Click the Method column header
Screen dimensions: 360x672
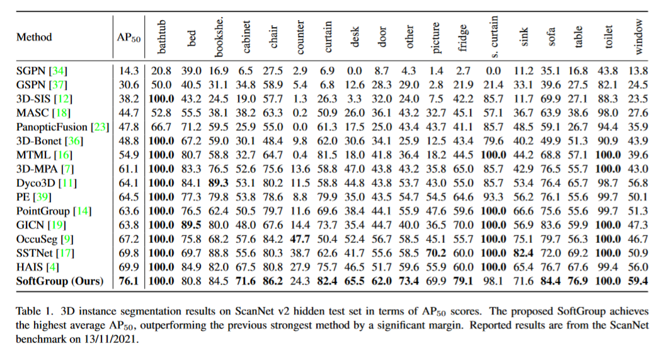tap(34, 37)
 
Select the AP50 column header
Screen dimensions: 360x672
tap(128, 38)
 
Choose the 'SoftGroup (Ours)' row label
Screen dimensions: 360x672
tap(59, 281)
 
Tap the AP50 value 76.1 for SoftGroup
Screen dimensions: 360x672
tap(128, 281)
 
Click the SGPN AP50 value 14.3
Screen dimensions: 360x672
tap(128, 70)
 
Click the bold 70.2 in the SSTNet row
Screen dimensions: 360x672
tap(436, 253)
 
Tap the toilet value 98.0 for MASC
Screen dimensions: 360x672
tap(612, 112)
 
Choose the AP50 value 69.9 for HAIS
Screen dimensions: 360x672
tap(128, 267)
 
